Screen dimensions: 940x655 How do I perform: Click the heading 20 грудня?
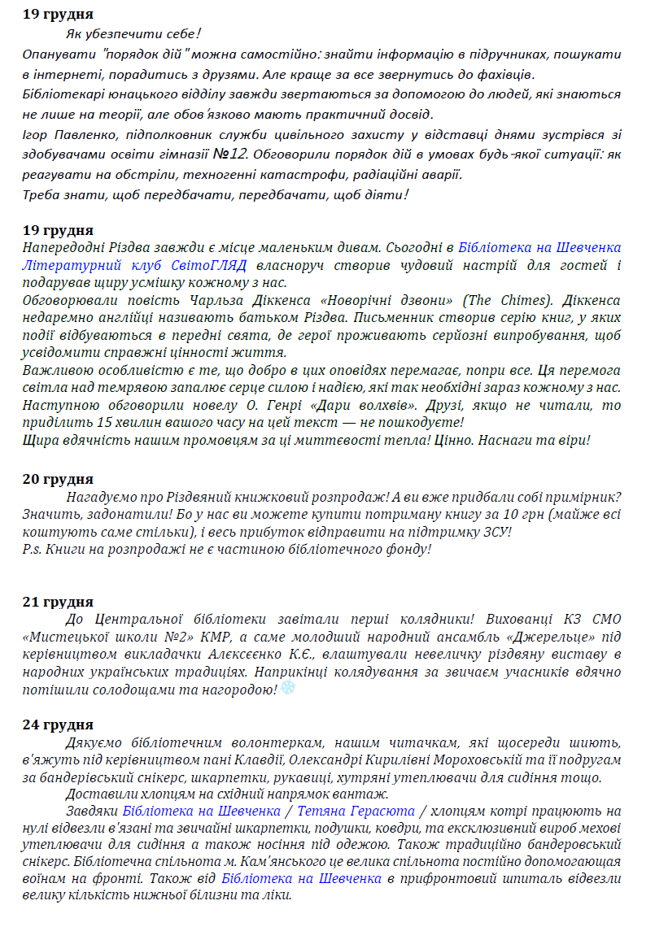pyautogui.click(x=58, y=479)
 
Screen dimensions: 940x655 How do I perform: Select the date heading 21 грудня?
pyautogui.click(x=58, y=602)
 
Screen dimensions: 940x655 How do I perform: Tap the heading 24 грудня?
pyautogui.click(x=58, y=725)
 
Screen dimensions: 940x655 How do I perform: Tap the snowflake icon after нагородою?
pyautogui.click(x=288, y=689)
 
